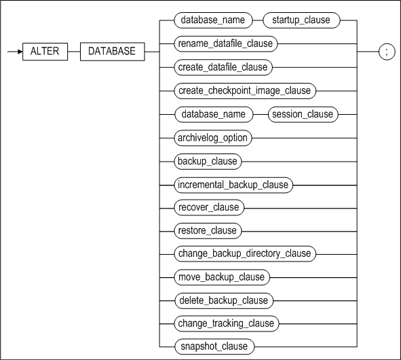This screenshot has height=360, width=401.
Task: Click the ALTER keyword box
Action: (x=45, y=52)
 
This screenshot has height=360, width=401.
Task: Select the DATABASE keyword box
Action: (x=112, y=52)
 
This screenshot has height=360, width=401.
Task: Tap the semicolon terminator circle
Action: (x=387, y=52)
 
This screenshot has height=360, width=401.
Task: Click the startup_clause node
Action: (x=301, y=20)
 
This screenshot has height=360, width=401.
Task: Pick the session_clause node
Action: (x=303, y=114)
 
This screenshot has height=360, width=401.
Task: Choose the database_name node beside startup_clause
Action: (x=213, y=20)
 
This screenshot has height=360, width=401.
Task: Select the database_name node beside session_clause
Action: (x=214, y=114)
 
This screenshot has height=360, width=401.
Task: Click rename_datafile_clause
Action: (x=225, y=43)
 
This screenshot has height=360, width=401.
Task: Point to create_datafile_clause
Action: (x=223, y=67)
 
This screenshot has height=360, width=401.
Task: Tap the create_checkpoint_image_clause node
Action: (x=245, y=91)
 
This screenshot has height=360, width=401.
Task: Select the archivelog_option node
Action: (x=213, y=138)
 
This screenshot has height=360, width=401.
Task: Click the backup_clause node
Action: (x=208, y=162)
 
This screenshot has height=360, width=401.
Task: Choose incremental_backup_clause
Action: (x=233, y=185)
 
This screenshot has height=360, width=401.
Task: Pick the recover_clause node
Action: (x=209, y=207)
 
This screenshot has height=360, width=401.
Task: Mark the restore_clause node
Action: (x=208, y=231)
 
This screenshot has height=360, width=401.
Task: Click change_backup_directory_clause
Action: (x=245, y=254)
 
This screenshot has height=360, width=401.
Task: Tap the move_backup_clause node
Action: (x=222, y=277)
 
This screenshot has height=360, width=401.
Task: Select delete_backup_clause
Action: (x=224, y=301)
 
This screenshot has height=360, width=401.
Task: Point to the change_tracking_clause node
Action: (x=227, y=323)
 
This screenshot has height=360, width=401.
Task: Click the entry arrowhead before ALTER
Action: (x=20, y=52)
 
